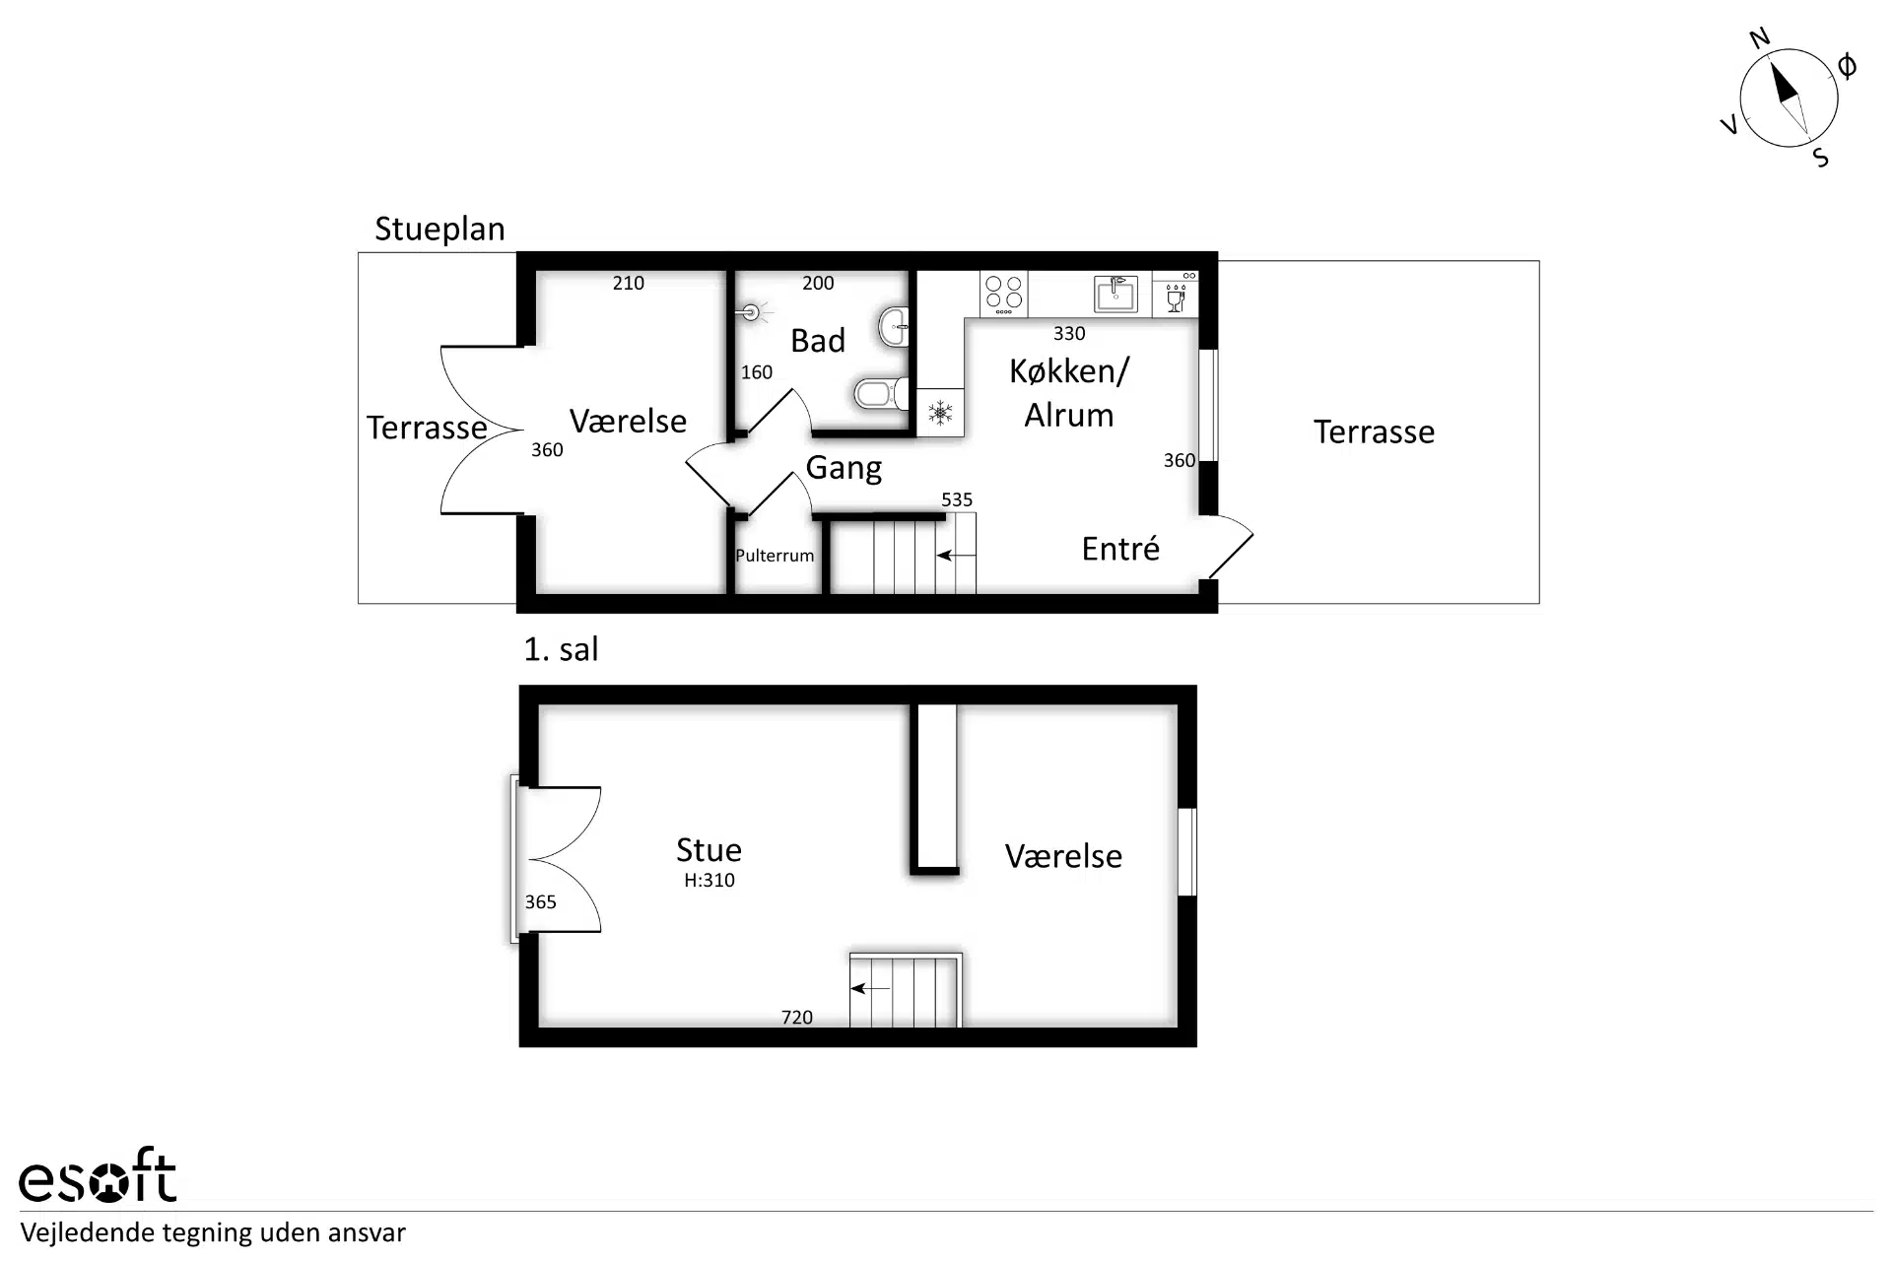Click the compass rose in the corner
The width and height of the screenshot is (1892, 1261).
click(x=1789, y=99)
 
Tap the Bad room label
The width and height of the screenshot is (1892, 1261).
click(x=818, y=341)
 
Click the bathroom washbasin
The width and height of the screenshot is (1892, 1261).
click(x=895, y=326)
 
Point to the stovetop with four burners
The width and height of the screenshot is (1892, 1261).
click(x=1004, y=294)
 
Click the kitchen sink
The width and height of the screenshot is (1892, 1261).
click(x=1116, y=294)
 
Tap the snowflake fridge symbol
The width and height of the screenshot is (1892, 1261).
click(x=940, y=413)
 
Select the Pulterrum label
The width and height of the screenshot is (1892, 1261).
click(x=775, y=556)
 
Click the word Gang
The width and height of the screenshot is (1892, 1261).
click(x=844, y=468)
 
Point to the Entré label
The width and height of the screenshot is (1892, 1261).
click(x=1120, y=548)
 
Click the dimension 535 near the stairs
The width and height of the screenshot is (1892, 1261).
click(x=957, y=499)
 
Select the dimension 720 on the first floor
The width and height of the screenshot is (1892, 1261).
click(x=797, y=1018)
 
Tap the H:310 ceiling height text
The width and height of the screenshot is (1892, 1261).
click(x=709, y=881)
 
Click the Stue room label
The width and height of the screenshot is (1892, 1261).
click(x=709, y=850)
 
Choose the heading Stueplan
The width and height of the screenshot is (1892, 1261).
click(x=439, y=230)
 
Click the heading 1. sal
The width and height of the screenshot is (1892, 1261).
click(x=561, y=649)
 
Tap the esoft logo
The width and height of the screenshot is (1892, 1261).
click(x=98, y=1175)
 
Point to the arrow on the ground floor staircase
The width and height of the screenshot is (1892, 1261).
click(x=956, y=556)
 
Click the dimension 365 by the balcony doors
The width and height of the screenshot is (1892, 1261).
click(x=540, y=902)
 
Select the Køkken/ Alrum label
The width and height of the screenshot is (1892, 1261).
click(x=1069, y=393)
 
